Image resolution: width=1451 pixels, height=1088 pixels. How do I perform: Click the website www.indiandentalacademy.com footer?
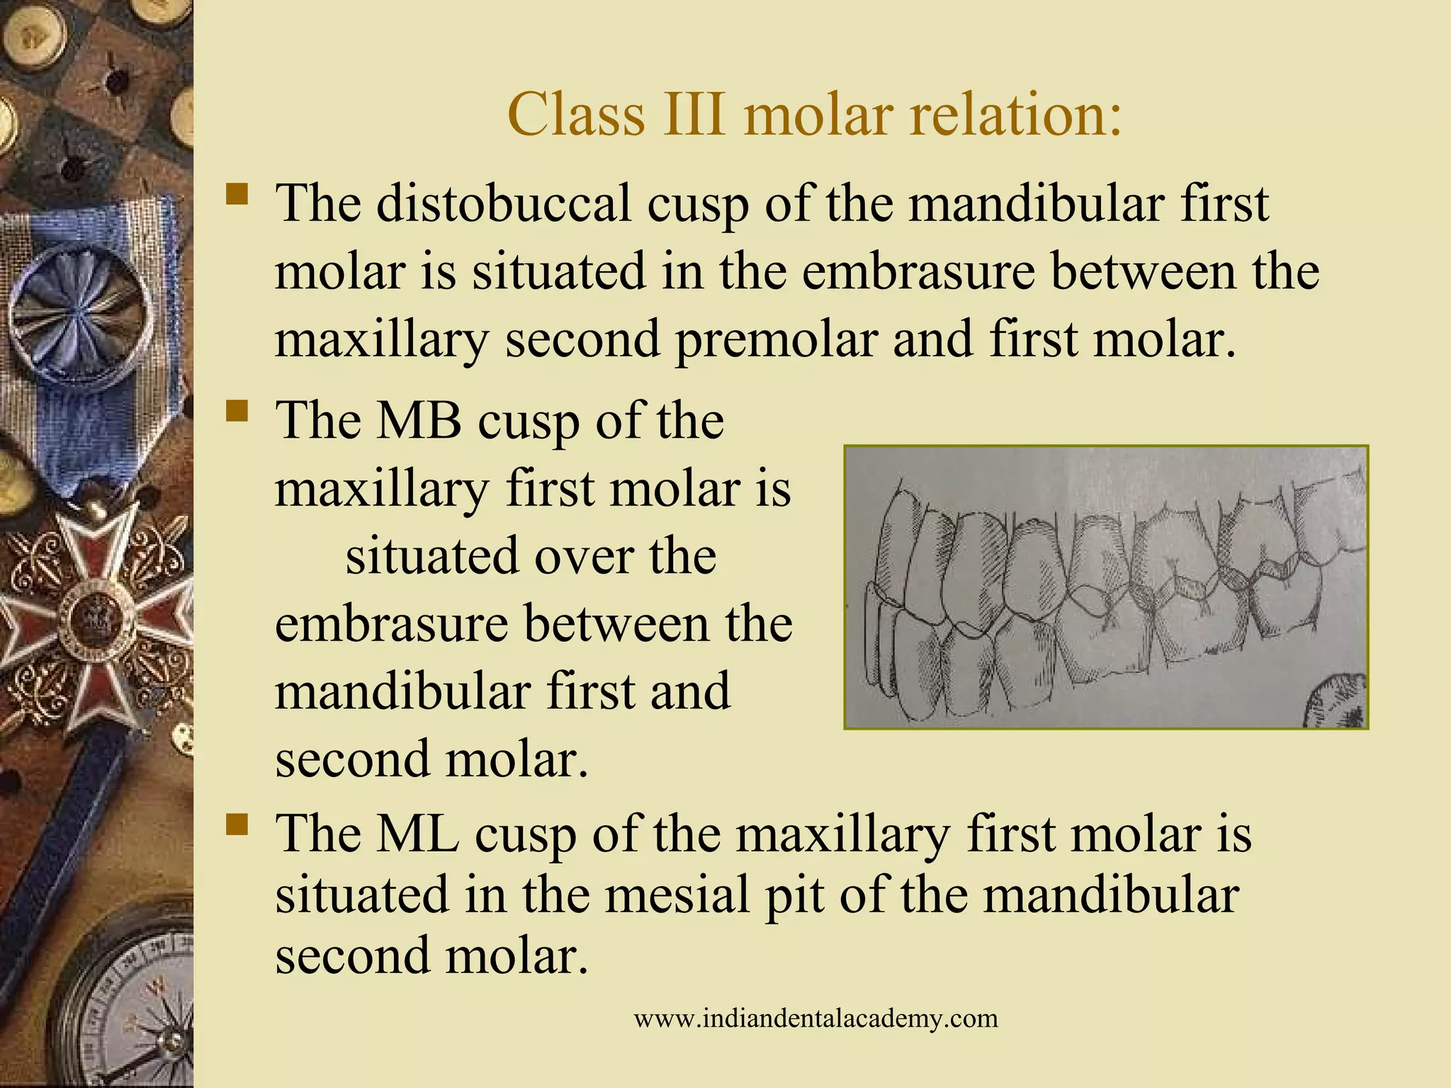[815, 1019]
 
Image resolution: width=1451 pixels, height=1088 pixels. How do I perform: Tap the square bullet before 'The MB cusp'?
[237, 412]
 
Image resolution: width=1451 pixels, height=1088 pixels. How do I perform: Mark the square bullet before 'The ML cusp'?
[237, 824]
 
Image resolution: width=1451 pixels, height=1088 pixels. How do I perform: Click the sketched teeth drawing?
[1105, 586]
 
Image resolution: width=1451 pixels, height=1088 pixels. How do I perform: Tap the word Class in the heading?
[575, 115]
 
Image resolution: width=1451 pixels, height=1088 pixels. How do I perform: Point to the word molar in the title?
[818, 115]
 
